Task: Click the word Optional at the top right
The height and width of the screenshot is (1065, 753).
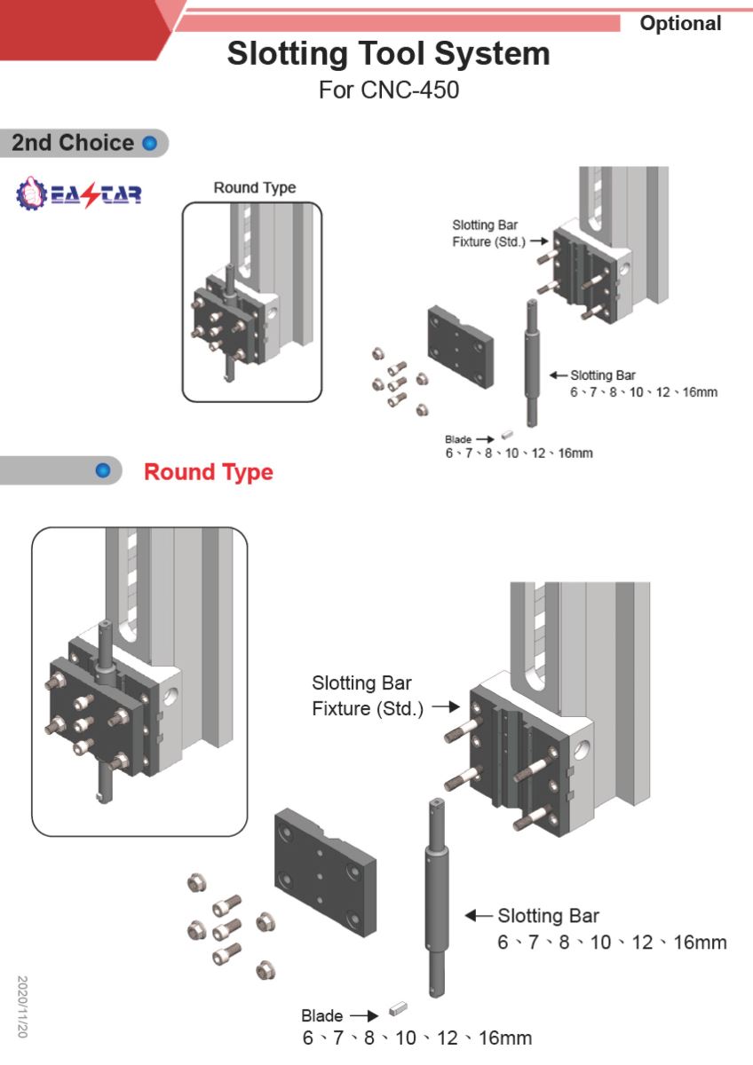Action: (681, 24)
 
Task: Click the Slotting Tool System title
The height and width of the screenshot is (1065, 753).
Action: (388, 54)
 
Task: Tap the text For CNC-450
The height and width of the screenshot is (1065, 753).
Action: (389, 90)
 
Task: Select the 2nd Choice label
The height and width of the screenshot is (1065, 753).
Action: (73, 143)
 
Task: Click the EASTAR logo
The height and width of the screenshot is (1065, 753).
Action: (79, 193)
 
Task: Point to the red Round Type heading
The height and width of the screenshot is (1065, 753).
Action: (209, 471)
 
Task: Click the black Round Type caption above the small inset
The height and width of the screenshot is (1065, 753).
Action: (255, 188)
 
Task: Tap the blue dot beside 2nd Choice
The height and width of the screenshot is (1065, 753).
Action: (149, 143)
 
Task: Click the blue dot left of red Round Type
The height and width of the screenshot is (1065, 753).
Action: (104, 470)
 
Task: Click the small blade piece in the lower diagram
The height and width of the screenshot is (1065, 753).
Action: (398, 1009)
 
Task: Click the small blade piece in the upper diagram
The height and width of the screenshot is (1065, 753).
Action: (509, 435)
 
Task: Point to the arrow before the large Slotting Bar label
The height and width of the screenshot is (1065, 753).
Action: (479, 915)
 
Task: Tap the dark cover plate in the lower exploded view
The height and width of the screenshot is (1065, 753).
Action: (324, 874)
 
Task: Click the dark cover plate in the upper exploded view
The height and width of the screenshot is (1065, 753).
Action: (460, 349)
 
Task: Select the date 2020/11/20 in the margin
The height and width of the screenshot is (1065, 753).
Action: (23, 1007)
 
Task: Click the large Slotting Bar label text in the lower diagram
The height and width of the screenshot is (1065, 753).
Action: (548, 916)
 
